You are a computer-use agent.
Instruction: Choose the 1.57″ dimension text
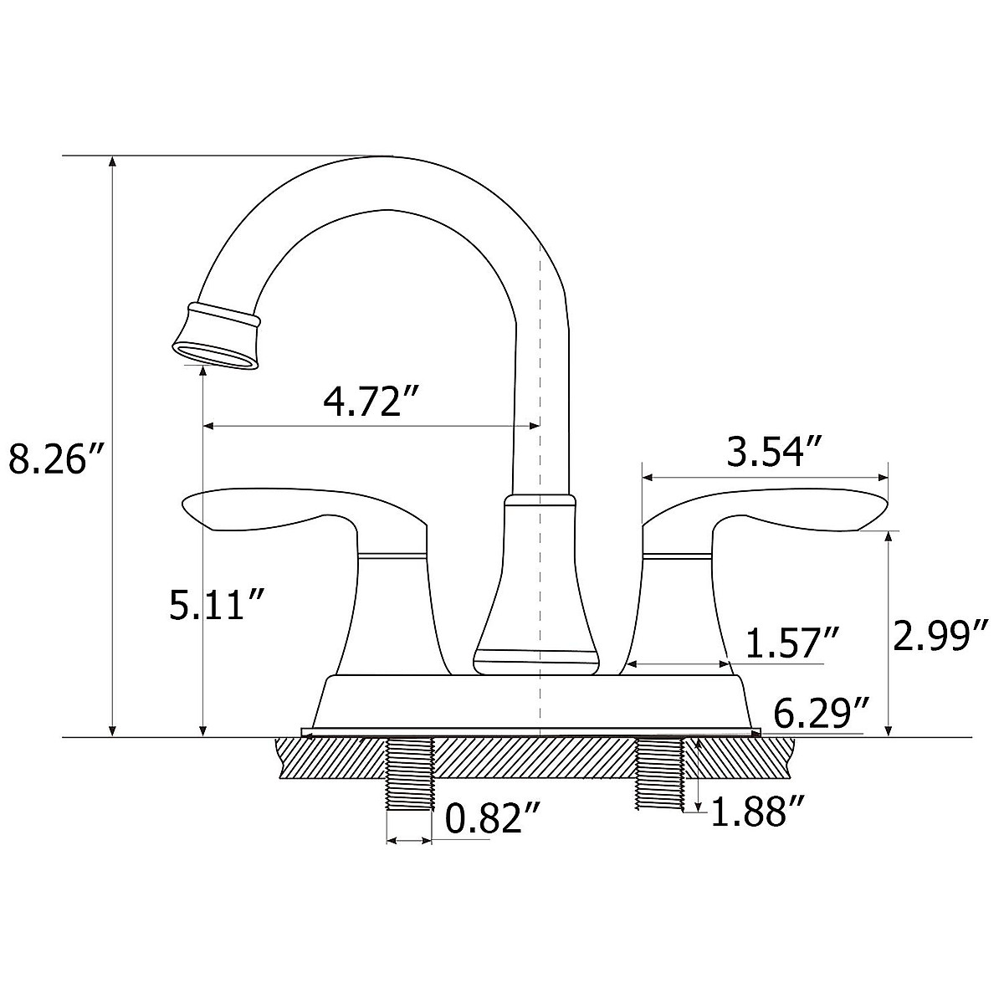point(792,642)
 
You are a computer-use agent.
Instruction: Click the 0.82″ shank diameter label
point(492,831)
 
